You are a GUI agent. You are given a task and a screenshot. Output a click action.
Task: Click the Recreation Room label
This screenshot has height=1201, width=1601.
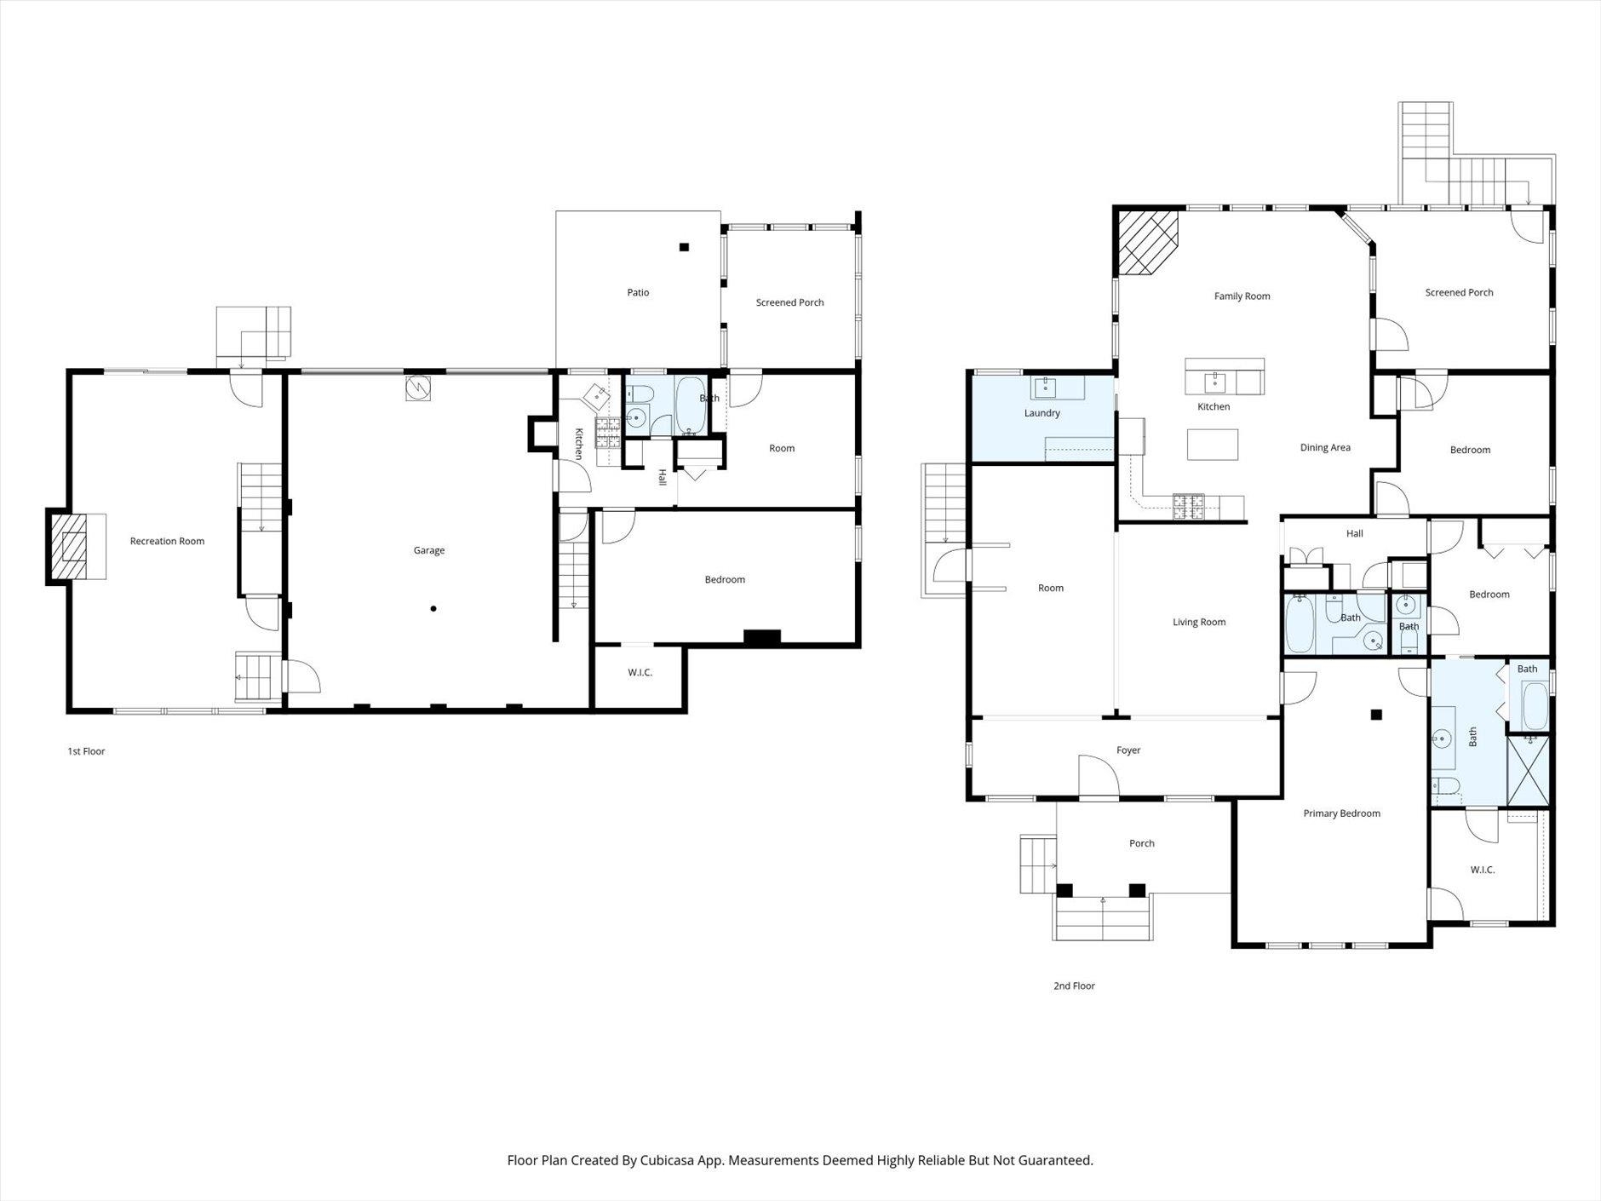coord(167,541)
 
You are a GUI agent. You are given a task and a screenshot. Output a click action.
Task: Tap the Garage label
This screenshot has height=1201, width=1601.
coord(429,550)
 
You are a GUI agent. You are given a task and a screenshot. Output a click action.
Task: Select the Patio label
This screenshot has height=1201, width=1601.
coord(638,292)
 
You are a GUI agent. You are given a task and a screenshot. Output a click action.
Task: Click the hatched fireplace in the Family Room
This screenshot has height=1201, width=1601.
coord(1147,244)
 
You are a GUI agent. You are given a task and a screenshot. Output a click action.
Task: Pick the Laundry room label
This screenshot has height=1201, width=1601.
coord(1042,413)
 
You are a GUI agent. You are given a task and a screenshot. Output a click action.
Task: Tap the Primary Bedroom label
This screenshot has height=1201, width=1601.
coord(1341,813)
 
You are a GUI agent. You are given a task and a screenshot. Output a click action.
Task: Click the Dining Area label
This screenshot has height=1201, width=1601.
coord(1325,447)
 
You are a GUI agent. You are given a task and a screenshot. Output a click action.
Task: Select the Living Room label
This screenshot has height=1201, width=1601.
coord(1199,622)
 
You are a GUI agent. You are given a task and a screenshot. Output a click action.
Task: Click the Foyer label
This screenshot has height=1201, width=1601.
coord(1128,750)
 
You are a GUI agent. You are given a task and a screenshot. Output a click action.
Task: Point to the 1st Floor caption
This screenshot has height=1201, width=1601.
coord(86,751)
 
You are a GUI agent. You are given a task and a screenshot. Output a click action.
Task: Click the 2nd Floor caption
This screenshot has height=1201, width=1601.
coord(1074,986)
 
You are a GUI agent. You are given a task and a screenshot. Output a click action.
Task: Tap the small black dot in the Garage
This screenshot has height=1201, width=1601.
coord(433,608)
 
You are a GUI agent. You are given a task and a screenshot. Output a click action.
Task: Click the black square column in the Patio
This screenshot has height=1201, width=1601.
coord(684,247)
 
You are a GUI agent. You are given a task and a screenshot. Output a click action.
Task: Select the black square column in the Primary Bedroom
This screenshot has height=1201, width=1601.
coord(1376,715)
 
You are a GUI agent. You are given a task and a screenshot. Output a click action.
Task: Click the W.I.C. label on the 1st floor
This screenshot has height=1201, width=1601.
coord(640,672)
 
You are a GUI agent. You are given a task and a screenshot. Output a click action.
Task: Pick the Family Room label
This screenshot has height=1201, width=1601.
coord(1242,296)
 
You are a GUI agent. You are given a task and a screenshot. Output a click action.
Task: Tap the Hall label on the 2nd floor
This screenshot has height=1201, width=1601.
coord(1354,533)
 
